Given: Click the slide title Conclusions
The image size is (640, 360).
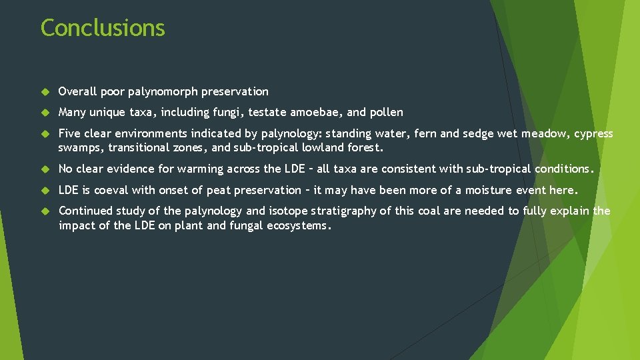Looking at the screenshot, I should click(103, 28).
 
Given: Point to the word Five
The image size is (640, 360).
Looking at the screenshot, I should click(70, 133).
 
